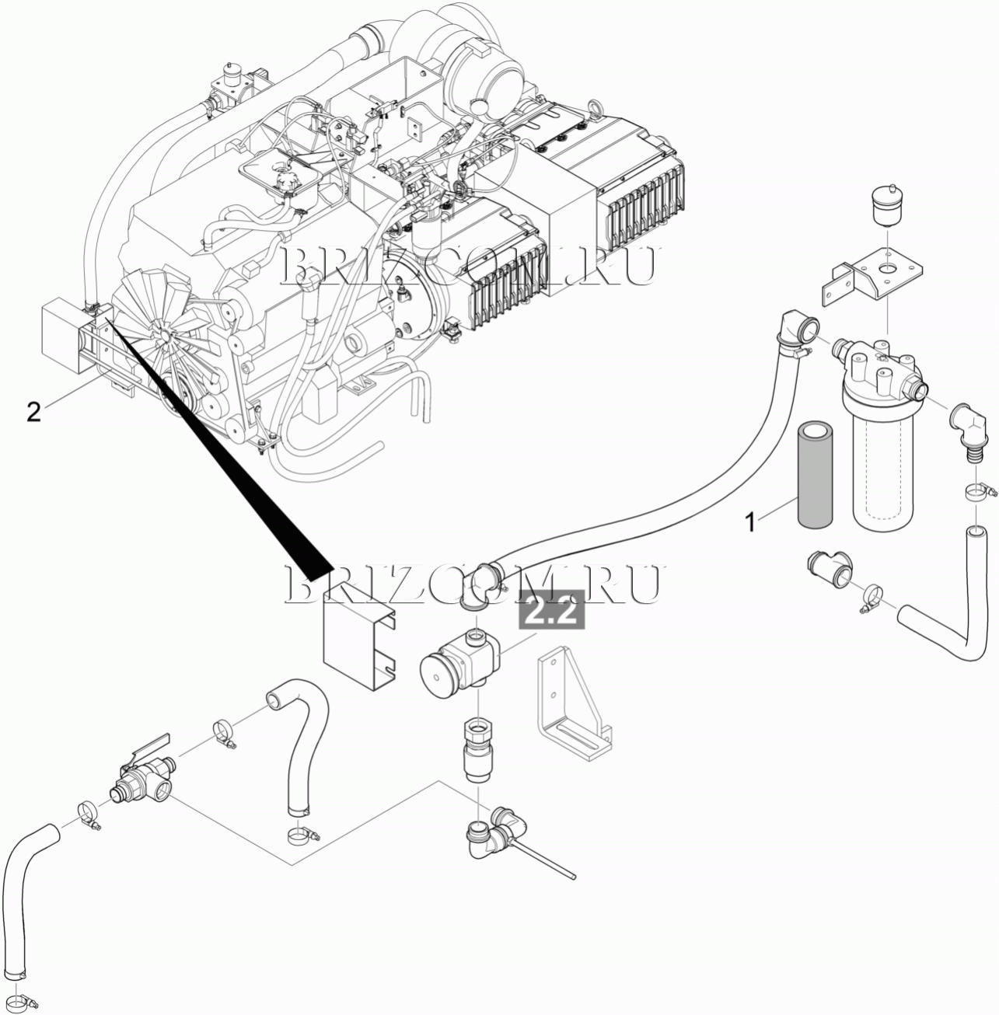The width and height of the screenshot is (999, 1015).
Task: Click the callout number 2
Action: click(x=33, y=411)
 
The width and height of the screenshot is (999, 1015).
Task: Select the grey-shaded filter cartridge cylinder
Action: click(x=816, y=473)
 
